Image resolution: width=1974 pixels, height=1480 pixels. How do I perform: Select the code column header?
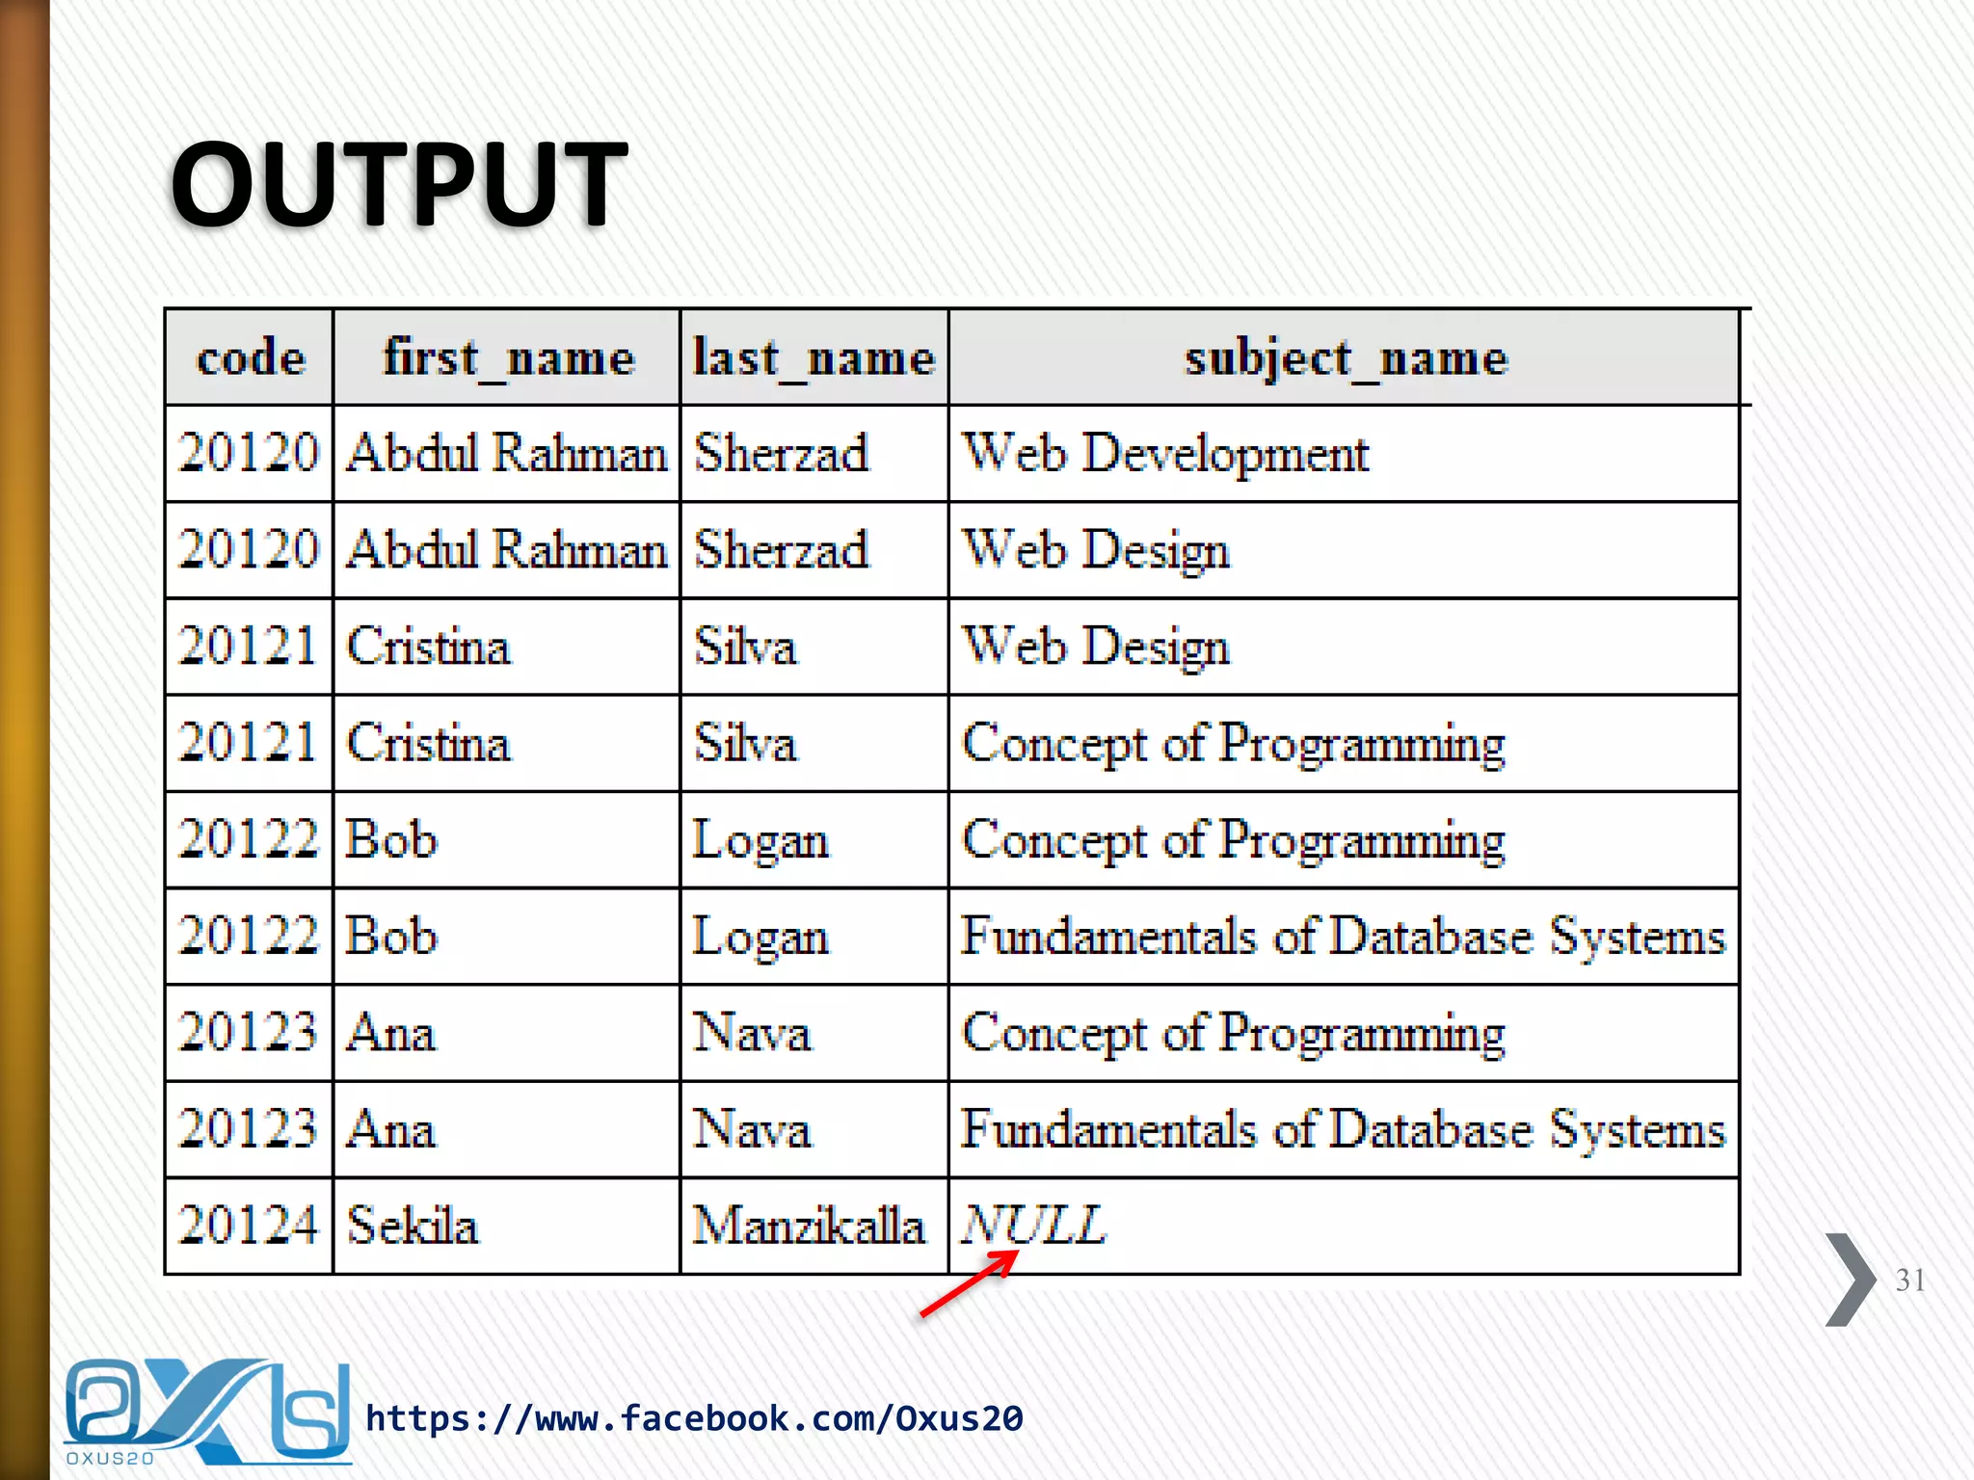[251, 358]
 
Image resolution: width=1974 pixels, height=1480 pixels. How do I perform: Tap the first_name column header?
[508, 358]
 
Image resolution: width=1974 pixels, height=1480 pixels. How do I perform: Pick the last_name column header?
[814, 358]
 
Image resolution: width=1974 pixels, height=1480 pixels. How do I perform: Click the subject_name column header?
[1345, 358]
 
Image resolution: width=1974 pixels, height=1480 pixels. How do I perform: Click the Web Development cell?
[1165, 454]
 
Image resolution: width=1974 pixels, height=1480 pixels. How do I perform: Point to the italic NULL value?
[1034, 1225]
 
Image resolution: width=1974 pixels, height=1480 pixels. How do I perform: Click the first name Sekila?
[413, 1226]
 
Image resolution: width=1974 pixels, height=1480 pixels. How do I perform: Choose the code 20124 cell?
[249, 1226]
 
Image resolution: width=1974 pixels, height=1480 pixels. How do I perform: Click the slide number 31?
[1909, 1280]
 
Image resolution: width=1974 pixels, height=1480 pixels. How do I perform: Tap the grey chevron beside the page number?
[1849, 1280]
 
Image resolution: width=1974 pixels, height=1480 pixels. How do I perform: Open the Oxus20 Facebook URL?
[694, 1418]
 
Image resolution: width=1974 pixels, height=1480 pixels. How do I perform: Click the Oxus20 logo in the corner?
[206, 1413]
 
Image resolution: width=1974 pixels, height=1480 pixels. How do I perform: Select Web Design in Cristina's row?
[1096, 647]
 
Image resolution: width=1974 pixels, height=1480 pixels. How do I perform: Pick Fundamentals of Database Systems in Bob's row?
[1343, 937]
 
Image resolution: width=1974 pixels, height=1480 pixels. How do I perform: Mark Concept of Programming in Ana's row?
[1234, 1033]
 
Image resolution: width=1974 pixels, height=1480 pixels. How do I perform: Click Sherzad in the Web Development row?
[782, 454]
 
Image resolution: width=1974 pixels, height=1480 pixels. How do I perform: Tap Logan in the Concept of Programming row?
[760, 840]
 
